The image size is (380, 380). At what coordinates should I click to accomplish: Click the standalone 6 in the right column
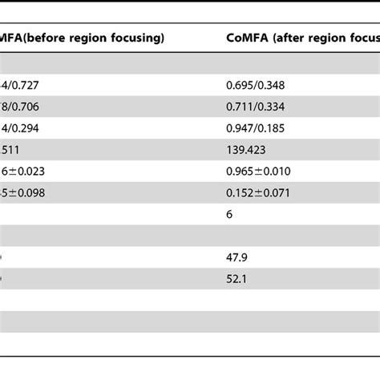click(230, 214)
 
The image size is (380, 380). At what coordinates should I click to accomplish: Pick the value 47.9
click(237, 259)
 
